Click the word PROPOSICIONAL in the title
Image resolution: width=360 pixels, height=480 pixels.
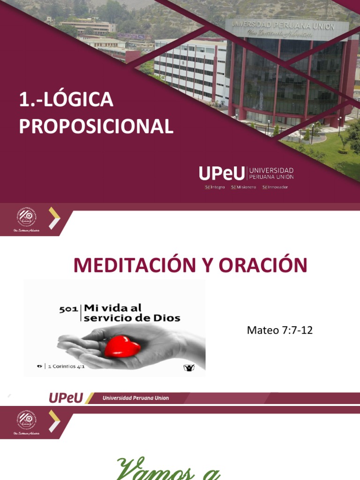(96, 127)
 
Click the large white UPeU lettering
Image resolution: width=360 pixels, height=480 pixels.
(222, 173)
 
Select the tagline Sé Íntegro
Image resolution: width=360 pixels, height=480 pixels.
(215, 187)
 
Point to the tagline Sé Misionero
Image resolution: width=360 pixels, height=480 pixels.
(244, 187)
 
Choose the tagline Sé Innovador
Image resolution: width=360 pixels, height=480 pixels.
(275, 187)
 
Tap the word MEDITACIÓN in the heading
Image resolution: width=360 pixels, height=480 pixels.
(133, 265)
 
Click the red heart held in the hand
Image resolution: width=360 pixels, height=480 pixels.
(122, 346)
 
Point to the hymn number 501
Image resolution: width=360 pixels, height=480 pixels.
(68, 309)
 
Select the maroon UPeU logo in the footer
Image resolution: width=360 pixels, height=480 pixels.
(66, 398)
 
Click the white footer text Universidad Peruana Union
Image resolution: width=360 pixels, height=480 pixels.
(136, 398)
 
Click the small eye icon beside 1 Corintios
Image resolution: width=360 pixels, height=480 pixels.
(40, 367)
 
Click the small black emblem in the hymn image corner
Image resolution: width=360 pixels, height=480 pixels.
(189, 367)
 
